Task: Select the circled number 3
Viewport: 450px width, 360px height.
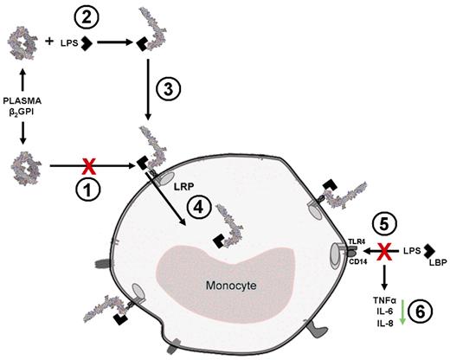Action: (170, 89)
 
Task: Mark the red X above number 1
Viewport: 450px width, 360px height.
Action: (87, 161)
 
